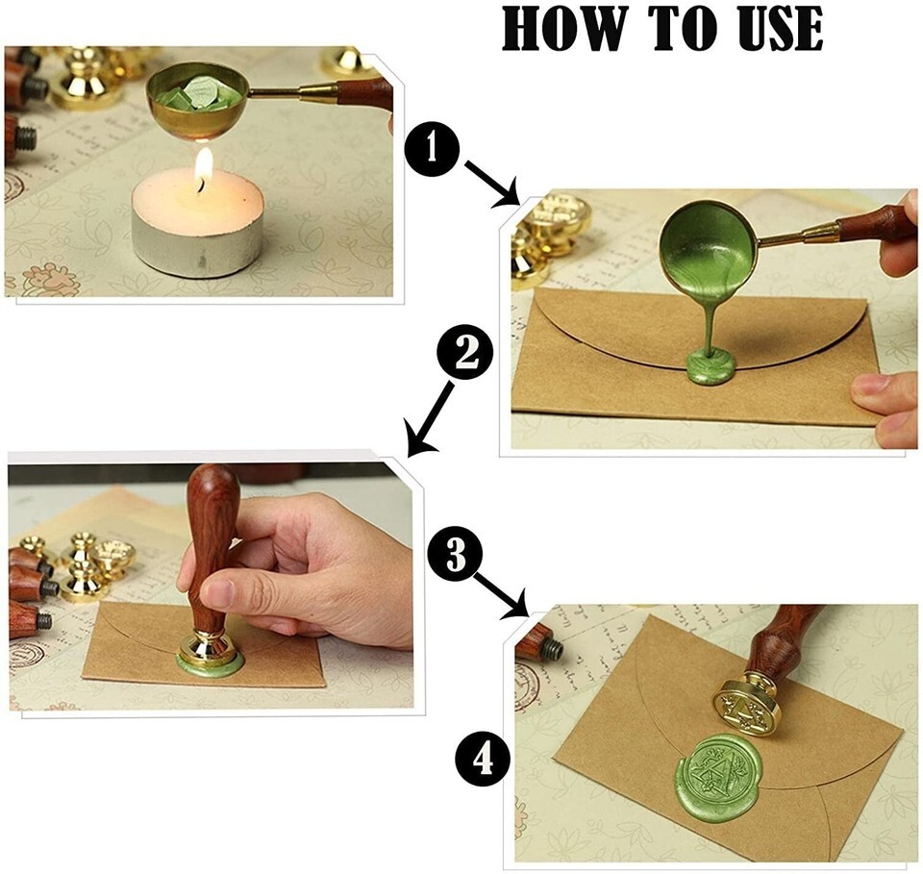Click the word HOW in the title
562,29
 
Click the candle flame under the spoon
204,168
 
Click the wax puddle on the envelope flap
711,367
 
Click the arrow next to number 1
490,183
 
